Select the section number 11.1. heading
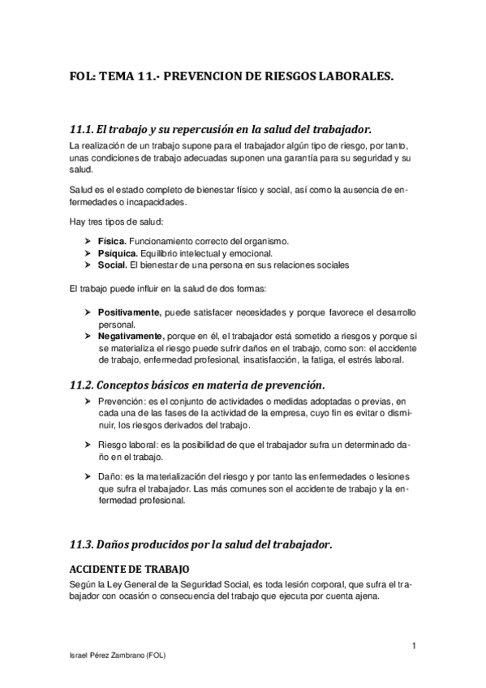coord(80,129)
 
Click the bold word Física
coord(112,241)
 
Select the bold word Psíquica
coord(117,253)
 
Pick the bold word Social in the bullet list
coord(112,264)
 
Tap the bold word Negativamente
coord(131,335)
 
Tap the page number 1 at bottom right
coord(414,645)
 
